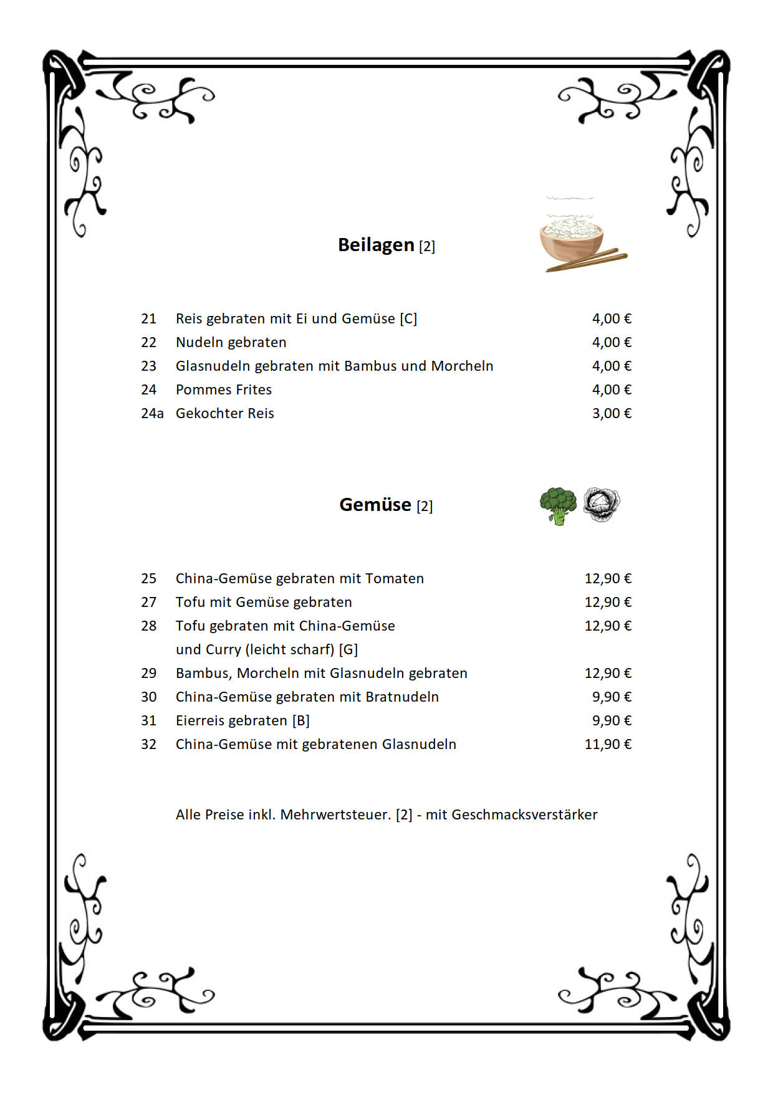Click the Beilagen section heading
(x=376, y=245)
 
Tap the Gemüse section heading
(x=375, y=504)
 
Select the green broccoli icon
(x=558, y=505)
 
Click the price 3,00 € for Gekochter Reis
(x=612, y=413)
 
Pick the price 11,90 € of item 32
(x=608, y=744)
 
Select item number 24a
(x=152, y=413)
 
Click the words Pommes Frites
(x=224, y=389)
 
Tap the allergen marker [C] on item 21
(x=408, y=318)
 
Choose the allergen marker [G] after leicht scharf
(x=348, y=649)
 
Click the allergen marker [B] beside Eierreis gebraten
(x=301, y=720)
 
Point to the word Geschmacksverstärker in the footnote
(x=524, y=814)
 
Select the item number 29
(x=148, y=673)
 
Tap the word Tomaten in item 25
(x=395, y=578)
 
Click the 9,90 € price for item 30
(x=612, y=697)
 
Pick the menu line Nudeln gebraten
(x=231, y=342)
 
